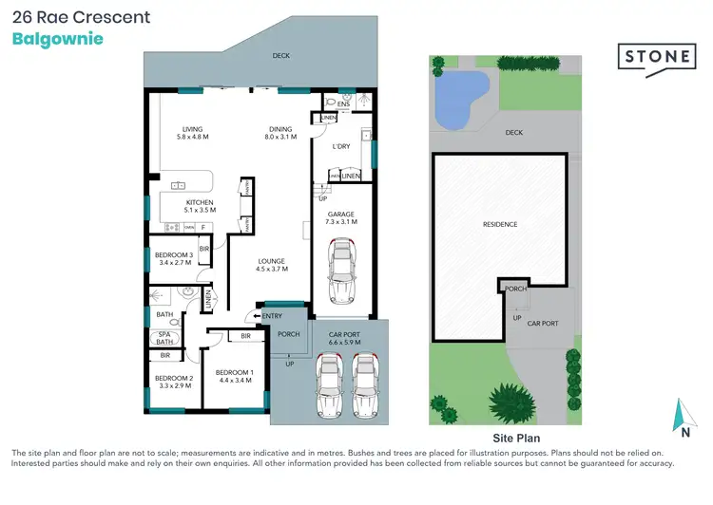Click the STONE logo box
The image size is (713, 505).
point(657,57)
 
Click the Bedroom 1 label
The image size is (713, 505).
point(234,376)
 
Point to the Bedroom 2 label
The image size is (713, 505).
point(174,383)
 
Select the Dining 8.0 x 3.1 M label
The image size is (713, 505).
point(279,134)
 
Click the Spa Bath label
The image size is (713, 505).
point(164,337)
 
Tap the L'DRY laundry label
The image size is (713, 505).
point(341,147)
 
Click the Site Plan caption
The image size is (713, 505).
point(516,439)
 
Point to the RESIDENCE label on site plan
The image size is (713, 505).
point(500,224)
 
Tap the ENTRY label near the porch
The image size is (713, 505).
point(272,316)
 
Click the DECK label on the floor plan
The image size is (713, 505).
point(280,56)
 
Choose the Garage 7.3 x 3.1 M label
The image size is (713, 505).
point(341,218)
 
